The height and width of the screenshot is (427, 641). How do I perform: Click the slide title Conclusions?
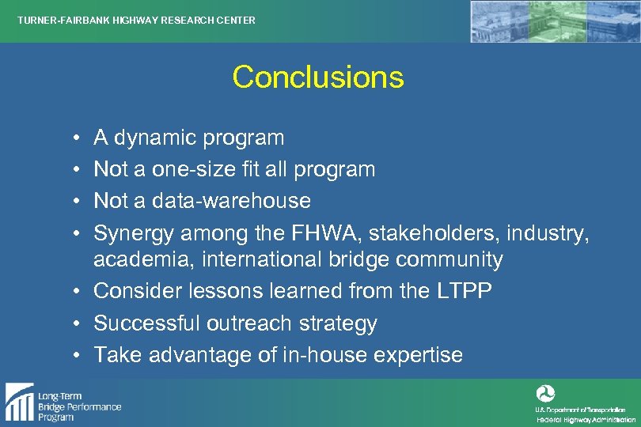(318, 77)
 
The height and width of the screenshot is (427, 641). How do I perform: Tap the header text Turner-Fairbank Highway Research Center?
(137, 20)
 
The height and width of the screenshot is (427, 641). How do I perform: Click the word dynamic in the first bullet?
(155, 138)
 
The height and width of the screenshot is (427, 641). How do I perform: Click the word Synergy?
(134, 232)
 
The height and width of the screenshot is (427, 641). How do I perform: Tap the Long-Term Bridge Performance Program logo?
(63, 402)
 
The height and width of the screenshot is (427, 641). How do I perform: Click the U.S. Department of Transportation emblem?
(545, 393)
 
